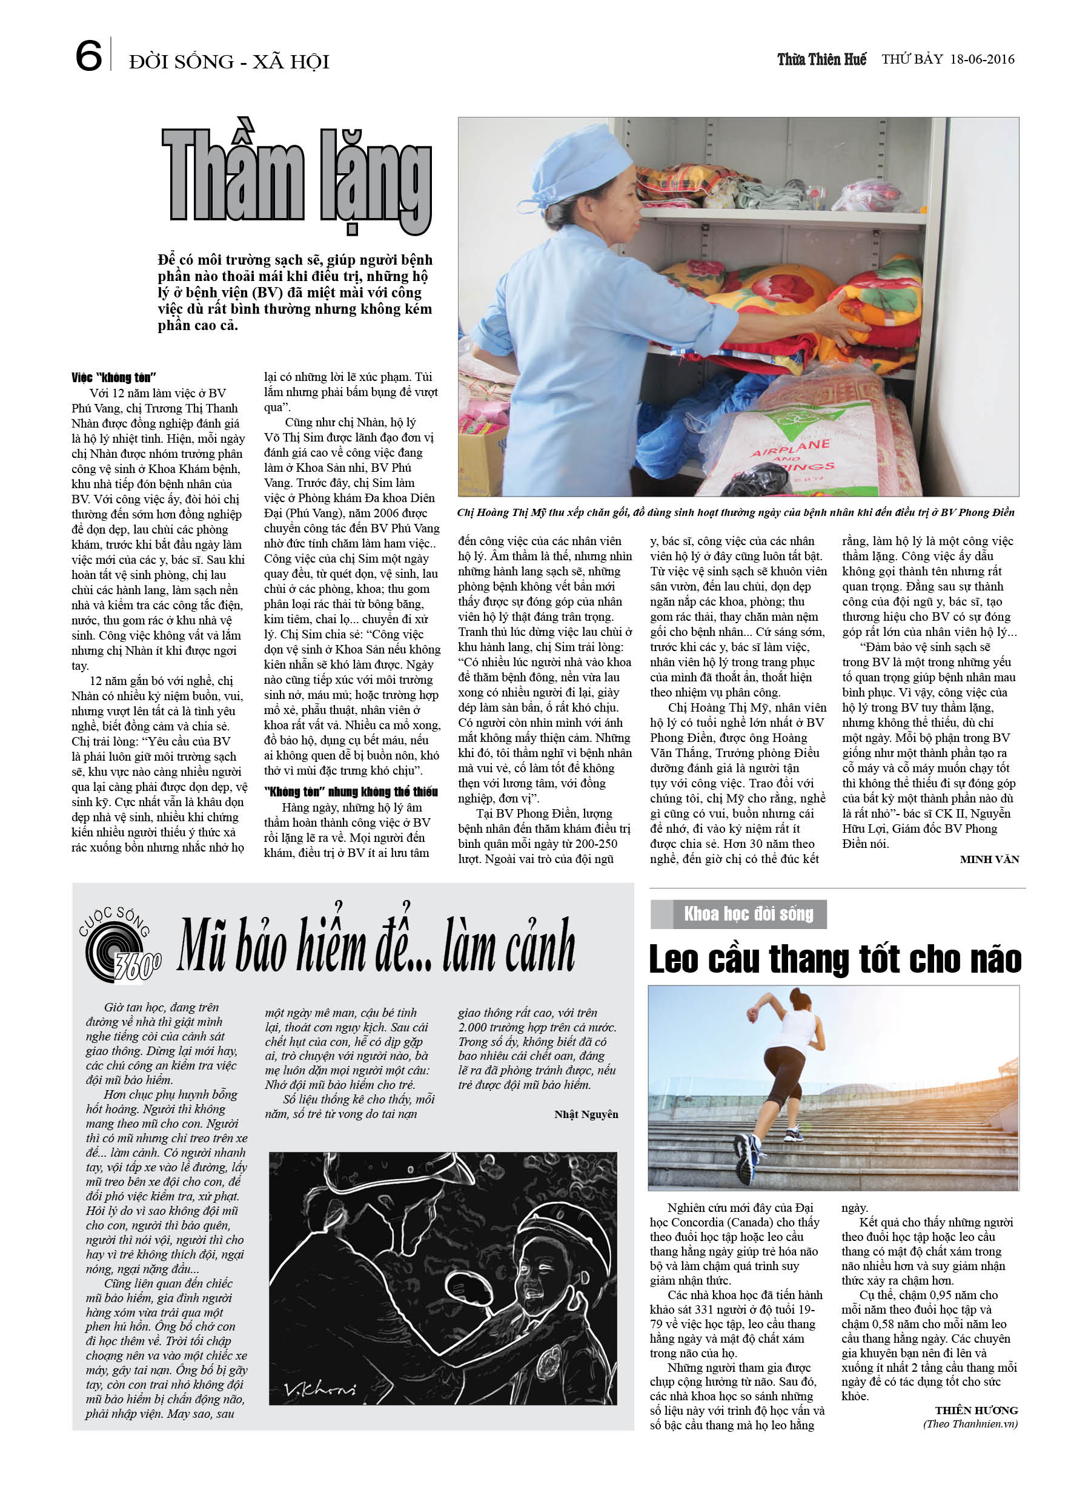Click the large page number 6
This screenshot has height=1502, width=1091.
[x=88, y=56]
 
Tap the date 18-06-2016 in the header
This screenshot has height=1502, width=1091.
[x=982, y=59]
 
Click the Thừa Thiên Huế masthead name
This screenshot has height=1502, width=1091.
[x=821, y=59]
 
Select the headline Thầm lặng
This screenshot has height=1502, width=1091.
[x=297, y=179]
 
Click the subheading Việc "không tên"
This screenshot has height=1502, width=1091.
[x=113, y=377]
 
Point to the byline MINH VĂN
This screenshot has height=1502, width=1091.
[x=989, y=859]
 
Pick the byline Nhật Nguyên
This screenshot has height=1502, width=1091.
[x=586, y=1114]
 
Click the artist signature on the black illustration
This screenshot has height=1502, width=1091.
[x=319, y=1389]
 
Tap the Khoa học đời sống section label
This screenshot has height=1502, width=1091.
[x=748, y=915]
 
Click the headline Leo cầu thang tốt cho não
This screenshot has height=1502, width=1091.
[x=835, y=959]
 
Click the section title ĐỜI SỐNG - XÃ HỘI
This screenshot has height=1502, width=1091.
[x=229, y=62]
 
